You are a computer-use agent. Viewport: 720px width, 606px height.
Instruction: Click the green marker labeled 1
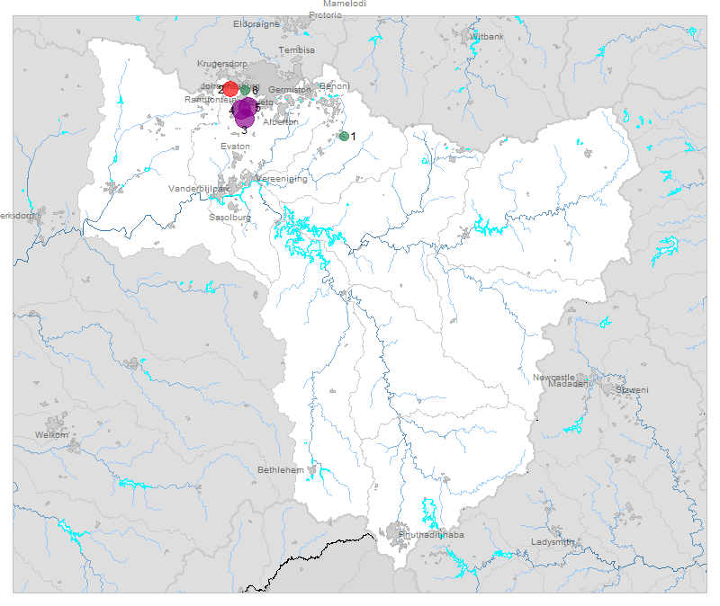click(344, 136)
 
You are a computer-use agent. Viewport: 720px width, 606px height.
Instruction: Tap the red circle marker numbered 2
click(230, 88)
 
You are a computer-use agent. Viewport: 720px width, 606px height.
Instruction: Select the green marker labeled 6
click(246, 90)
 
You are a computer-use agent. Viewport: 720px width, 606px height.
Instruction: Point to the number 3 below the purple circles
click(244, 131)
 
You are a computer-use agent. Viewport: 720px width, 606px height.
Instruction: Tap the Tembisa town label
click(297, 50)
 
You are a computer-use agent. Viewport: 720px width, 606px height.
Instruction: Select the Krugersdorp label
click(221, 65)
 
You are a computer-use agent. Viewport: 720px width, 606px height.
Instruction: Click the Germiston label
click(289, 90)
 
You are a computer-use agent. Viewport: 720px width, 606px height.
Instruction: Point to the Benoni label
click(334, 86)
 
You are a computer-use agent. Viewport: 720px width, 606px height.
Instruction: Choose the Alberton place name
click(281, 121)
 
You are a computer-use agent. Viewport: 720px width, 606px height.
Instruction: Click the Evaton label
click(235, 146)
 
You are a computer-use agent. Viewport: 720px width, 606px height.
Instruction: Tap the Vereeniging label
click(282, 179)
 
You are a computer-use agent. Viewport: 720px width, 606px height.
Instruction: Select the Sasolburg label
click(230, 218)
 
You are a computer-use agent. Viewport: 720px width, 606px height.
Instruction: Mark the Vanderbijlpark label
click(200, 190)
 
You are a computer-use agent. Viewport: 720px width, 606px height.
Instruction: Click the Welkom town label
click(51, 435)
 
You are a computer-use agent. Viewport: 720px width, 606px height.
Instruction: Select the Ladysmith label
click(553, 542)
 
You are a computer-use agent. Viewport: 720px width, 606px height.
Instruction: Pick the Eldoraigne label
click(256, 24)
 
